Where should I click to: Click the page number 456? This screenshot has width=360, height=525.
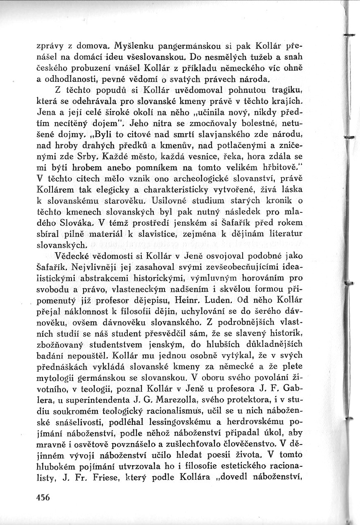pos(42,498)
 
